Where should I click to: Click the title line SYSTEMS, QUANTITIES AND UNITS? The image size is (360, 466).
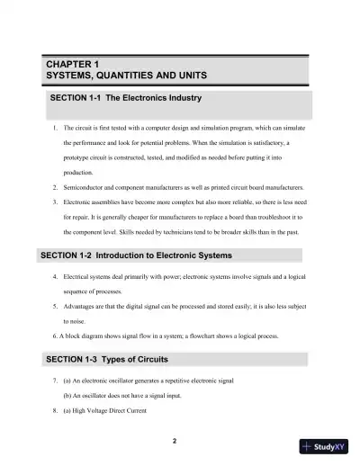[x=127, y=77]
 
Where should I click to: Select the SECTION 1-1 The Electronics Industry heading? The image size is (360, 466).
[x=125, y=97]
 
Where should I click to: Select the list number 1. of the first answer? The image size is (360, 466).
[x=56, y=129]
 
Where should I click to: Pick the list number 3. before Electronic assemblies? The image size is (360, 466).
[x=56, y=202]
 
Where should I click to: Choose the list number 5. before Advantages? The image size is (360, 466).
[x=56, y=305]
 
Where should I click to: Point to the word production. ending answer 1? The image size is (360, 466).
[x=78, y=173]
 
